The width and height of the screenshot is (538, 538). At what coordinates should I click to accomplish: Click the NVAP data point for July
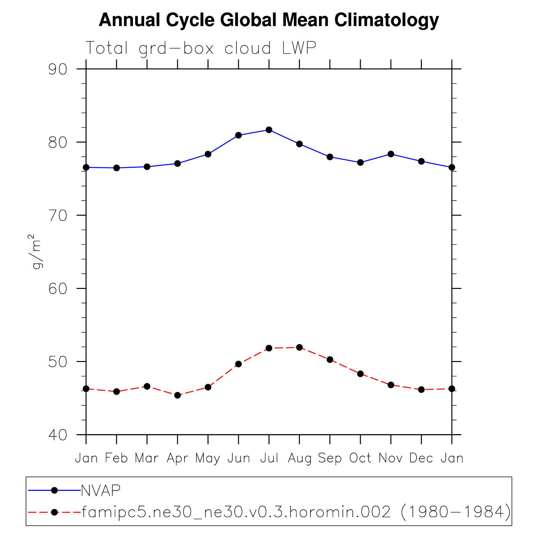tap(269, 130)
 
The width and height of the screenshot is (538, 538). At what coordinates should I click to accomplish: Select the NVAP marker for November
tap(391, 154)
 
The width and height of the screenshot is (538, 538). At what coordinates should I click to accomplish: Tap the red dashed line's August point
tap(299, 347)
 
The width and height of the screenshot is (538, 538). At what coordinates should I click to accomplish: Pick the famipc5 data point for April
tap(177, 395)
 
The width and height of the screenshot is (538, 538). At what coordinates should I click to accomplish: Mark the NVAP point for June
tap(238, 135)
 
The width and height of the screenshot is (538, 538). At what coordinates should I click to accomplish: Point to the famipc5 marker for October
tap(360, 374)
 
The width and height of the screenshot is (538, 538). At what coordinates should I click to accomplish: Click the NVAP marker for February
tap(116, 168)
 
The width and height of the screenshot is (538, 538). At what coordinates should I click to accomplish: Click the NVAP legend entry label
tap(100, 491)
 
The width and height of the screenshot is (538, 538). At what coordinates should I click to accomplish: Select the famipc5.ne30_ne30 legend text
tap(296, 512)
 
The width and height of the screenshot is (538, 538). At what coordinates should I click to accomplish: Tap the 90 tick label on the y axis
tap(58, 69)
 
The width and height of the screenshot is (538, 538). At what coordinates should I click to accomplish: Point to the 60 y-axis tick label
tap(58, 289)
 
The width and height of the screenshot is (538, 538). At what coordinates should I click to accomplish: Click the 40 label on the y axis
tap(58, 435)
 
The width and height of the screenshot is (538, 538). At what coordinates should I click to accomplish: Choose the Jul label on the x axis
tap(269, 458)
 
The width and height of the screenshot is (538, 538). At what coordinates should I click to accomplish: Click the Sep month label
tap(330, 458)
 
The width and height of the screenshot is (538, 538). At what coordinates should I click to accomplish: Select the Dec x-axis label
tap(421, 458)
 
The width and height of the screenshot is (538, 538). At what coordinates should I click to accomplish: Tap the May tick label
tap(208, 458)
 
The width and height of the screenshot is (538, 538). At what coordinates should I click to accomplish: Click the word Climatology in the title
tap(386, 20)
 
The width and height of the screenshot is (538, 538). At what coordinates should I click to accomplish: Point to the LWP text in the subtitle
tap(299, 48)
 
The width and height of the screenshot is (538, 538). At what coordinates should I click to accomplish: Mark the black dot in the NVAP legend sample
tap(54, 490)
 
